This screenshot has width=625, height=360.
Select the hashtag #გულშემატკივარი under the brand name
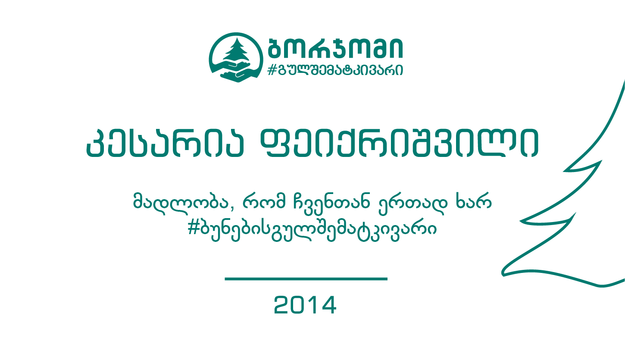[x=335, y=70]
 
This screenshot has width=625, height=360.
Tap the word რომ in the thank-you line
[x=264, y=201]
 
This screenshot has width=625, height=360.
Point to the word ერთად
[x=413, y=204]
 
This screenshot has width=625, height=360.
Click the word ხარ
[x=474, y=200]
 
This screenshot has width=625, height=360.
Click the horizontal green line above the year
[x=306, y=279]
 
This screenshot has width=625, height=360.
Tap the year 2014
[x=305, y=305]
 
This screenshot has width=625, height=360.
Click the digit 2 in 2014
[x=282, y=305]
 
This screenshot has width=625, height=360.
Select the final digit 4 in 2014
[x=328, y=305]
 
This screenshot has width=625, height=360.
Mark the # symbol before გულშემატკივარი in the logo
[x=272, y=70]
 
